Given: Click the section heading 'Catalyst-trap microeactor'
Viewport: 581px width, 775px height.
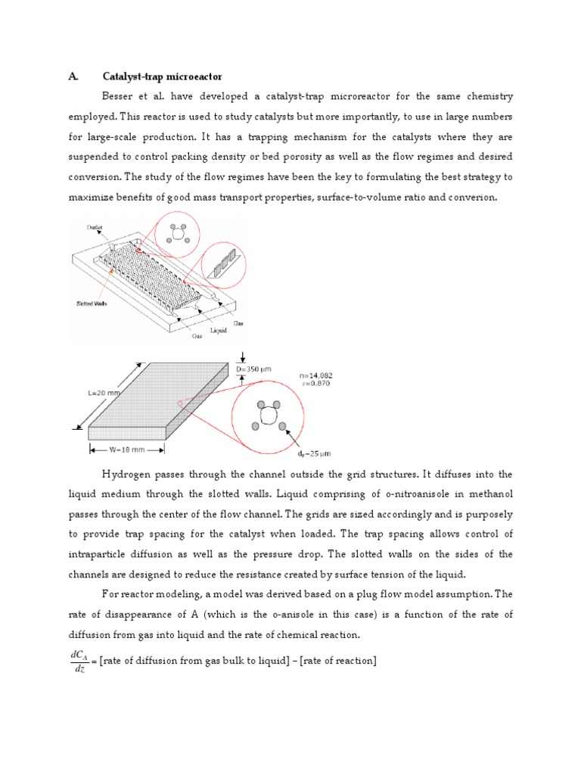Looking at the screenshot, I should coord(165,76).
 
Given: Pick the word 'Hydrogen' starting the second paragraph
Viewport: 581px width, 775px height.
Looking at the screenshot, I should coord(126,475).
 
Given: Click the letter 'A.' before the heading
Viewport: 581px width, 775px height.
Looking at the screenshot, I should coord(73,76).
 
